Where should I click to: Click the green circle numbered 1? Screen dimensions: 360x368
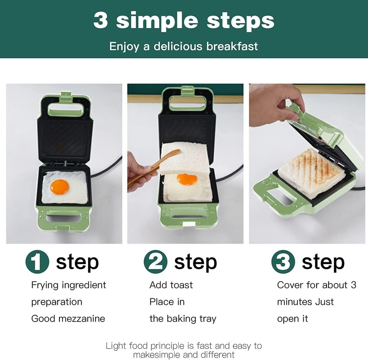point(37,263)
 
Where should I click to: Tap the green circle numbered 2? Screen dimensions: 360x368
point(155,263)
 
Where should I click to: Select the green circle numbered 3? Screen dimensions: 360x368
point(283,263)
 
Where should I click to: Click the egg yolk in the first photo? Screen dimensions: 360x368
point(59,187)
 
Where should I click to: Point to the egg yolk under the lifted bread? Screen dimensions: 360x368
point(187,179)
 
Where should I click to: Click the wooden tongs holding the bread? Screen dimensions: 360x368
point(153,168)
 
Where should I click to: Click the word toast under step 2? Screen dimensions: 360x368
point(181,285)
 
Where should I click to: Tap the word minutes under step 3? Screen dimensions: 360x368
point(294,302)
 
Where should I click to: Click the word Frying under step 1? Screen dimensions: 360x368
point(45,286)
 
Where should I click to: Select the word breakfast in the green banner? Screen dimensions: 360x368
point(232,46)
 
